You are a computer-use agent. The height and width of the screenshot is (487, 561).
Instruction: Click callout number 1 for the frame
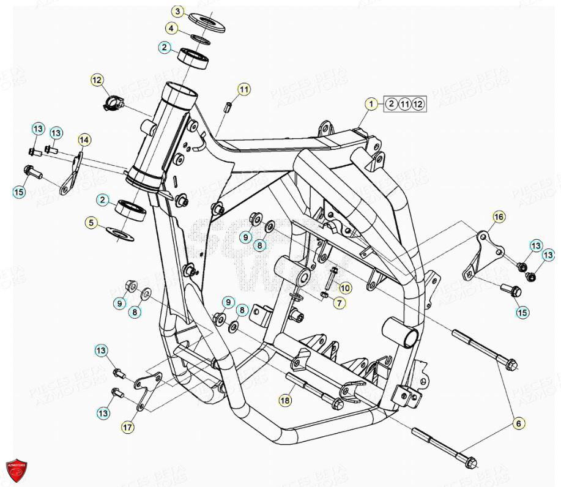[x=370, y=104]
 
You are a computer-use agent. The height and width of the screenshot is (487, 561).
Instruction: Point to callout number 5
[x=91, y=223]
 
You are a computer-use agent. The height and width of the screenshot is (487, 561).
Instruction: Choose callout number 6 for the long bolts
[x=518, y=423]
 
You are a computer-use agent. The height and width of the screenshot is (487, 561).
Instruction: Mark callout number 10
[x=345, y=287]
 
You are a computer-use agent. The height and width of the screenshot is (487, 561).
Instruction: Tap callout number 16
[x=499, y=217]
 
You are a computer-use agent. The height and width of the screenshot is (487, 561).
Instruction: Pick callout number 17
[x=127, y=428]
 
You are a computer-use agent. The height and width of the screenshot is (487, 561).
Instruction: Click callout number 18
[x=284, y=401]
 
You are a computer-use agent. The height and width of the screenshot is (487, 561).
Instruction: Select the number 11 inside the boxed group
[x=405, y=104]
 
